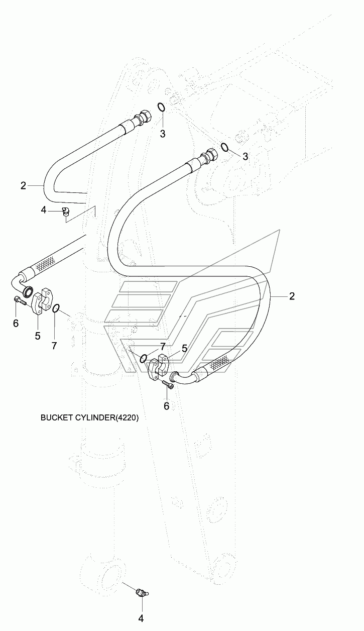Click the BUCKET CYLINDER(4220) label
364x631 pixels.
point(89,417)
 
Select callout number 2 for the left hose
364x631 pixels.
point(23,185)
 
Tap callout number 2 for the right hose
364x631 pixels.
point(292,296)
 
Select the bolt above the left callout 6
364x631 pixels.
point(20,301)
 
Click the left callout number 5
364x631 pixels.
point(38,336)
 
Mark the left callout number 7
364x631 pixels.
point(54,346)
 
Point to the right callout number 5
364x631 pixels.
point(184,349)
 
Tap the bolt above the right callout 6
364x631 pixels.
point(168,384)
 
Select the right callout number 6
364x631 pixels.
point(166,406)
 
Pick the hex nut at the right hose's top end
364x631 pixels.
point(212,154)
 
